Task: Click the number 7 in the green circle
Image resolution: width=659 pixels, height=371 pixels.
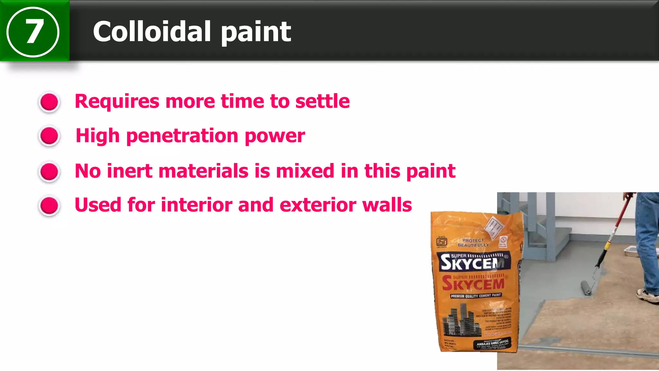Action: (x=33, y=32)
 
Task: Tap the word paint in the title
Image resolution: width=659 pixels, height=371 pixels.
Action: (x=256, y=32)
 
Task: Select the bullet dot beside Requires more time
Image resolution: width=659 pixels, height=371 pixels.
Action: (x=49, y=102)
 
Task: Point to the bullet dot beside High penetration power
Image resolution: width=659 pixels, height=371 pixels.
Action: (x=49, y=136)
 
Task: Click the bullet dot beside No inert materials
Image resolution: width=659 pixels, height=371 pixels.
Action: (x=49, y=171)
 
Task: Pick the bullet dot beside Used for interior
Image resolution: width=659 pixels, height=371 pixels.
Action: (x=49, y=205)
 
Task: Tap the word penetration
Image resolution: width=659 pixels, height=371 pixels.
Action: (x=182, y=136)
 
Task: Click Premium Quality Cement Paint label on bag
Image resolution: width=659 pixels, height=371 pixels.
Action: (x=476, y=296)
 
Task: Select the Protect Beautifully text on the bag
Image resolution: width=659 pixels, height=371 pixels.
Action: (x=473, y=243)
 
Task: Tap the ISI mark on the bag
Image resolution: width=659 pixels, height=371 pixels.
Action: (x=441, y=242)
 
